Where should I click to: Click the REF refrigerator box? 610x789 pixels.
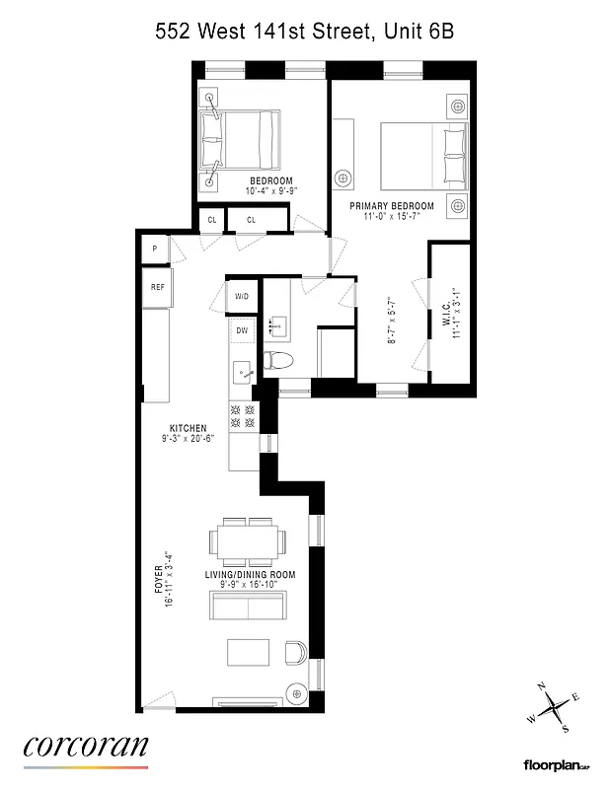[157, 288]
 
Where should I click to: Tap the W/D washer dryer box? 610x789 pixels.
[242, 296]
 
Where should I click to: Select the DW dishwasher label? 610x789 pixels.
[242, 330]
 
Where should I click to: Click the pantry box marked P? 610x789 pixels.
[155, 250]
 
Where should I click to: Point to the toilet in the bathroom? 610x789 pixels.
[278, 360]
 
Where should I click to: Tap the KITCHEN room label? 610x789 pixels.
[188, 428]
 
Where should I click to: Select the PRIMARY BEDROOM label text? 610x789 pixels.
[392, 206]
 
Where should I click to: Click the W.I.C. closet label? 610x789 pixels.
[446, 313]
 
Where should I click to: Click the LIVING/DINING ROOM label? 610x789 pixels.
[250, 574]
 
